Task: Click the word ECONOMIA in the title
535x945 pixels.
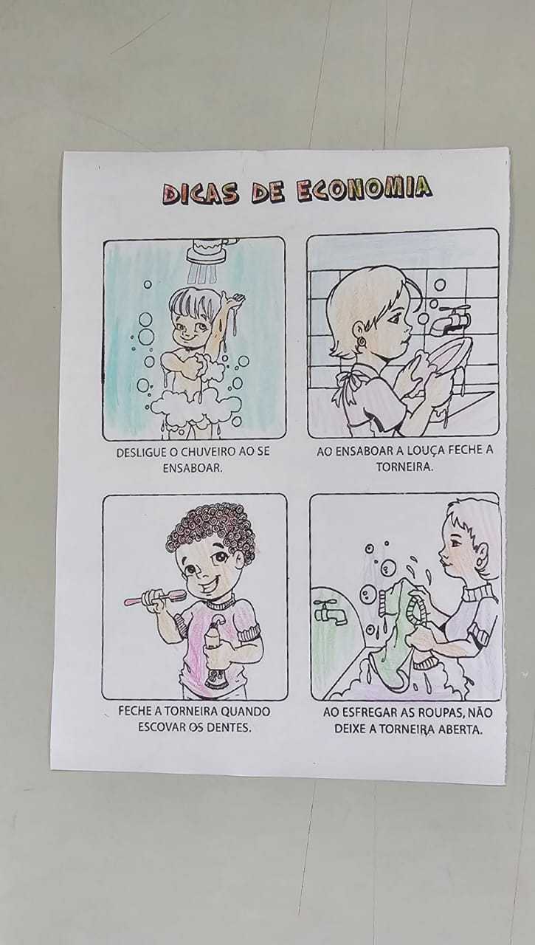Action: [x=364, y=191]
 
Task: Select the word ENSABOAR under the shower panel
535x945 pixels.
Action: [x=193, y=468]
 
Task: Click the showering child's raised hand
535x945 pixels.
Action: [x=235, y=299]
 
